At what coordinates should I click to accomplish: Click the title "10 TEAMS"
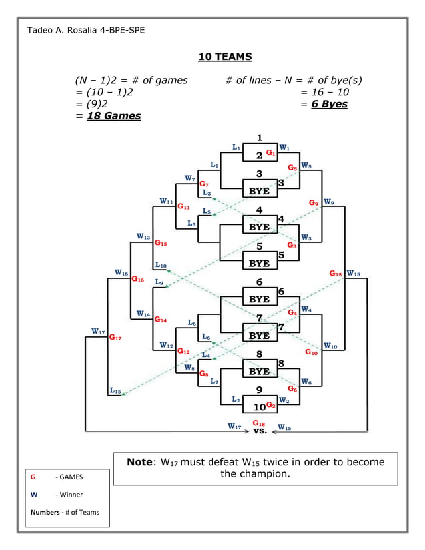(225, 57)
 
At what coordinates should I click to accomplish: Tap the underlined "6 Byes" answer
(329, 104)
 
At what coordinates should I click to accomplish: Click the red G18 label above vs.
(259, 423)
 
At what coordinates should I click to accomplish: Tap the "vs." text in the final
(260, 431)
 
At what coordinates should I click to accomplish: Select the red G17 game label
(115, 338)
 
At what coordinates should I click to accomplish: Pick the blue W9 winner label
(329, 201)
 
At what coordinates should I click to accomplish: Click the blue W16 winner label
(121, 272)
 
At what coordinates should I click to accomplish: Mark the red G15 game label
(336, 274)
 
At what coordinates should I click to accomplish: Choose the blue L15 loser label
(115, 391)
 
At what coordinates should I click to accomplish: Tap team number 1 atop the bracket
(259, 138)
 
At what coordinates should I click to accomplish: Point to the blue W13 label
(143, 236)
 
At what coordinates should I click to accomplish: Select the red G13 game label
(161, 244)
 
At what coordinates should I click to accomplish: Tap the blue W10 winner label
(330, 346)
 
